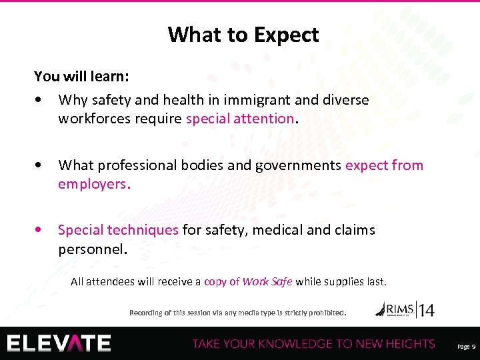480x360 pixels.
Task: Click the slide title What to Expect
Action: point(243,35)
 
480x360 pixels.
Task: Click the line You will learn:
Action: point(81,76)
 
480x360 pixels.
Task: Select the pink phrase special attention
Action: point(239,119)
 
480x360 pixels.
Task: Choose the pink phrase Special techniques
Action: point(118,230)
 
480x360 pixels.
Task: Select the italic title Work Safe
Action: point(267,281)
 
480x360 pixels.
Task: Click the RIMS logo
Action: point(395,309)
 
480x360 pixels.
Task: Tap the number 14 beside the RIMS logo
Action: point(425,309)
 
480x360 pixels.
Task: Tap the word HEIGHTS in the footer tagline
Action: point(409,344)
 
